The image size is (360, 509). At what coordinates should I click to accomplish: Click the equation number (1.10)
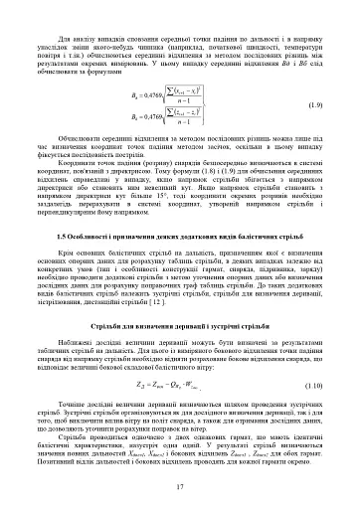tap(314, 327)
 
